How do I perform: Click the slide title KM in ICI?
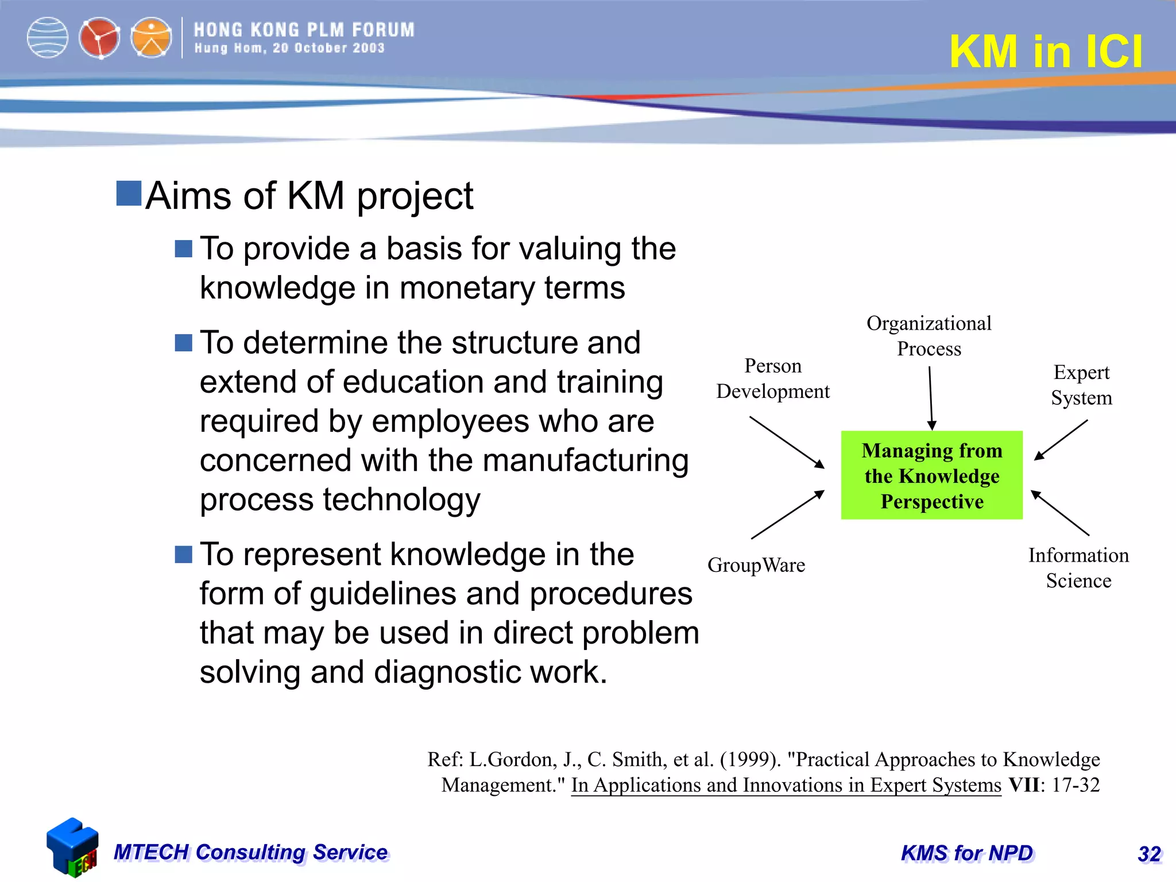pyautogui.click(x=1046, y=52)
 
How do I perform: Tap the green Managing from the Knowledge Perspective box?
pyautogui.click(x=931, y=475)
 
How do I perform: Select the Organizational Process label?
pyautogui.click(x=929, y=336)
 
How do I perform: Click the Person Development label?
pyautogui.click(x=772, y=378)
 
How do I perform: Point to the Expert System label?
pyautogui.click(x=1081, y=385)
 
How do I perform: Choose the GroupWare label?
pyautogui.click(x=756, y=565)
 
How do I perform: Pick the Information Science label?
pyautogui.click(x=1078, y=568)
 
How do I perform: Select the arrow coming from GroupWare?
pyautogui.click(x=787, y=514)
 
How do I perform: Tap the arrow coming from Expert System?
pyautogui.click(x=1061, y=440)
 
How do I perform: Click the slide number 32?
pyautogui.click(x=1149, y=854)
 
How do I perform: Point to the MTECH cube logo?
pyautogui.click(x=72, y=848)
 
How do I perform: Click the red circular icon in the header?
pyautogui.click(x=99, y=38)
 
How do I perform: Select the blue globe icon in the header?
pyautogui.click(x=48, y=38)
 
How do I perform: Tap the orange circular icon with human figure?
pyautogui.click(x=151, y=38)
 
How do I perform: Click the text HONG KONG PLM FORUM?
pyautogui.click(x=304, y=30)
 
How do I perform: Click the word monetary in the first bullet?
pyautogui.click(x=467, y=288)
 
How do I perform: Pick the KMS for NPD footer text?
pyautogui.click(x=967, y=853)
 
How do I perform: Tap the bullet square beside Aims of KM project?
pyautogui.click(x=129, y=194)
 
